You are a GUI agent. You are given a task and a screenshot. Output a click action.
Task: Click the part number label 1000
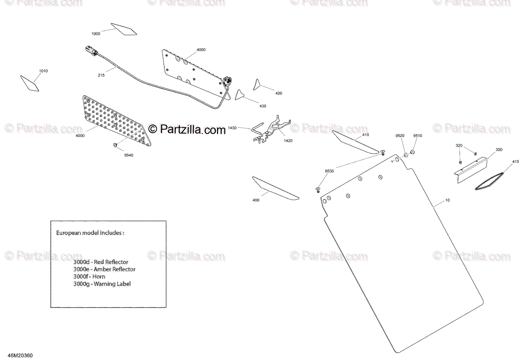[96, 34]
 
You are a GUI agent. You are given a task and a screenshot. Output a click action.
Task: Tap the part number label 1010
[43, 71]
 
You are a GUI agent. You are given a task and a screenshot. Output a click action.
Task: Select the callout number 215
[101, 75]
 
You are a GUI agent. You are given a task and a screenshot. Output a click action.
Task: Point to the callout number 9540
[128, 155]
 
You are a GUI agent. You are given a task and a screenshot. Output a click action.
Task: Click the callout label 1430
[232, 128]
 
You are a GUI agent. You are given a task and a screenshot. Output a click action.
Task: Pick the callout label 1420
[288, 140]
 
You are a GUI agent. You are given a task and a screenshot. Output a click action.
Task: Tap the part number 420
[279, 93]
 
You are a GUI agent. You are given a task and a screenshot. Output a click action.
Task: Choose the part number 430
[263, 106]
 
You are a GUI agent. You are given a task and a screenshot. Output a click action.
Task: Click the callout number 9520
[400, 136]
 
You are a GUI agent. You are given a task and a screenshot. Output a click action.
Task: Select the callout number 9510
[417, 136]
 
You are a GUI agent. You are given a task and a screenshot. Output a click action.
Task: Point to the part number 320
[459, 146]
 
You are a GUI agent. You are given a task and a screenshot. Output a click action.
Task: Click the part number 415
[515, 162]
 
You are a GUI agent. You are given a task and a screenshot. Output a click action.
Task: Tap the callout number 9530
[330, 172]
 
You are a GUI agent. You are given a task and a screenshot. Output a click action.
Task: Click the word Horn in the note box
[99, 277]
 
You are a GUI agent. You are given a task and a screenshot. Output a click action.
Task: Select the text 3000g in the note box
[81, 284]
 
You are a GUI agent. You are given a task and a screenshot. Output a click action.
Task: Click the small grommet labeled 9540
[115, 145]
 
